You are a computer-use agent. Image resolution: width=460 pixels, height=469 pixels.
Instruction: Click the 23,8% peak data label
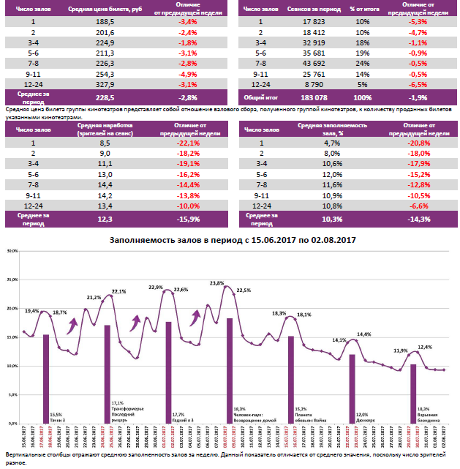click(217, 283)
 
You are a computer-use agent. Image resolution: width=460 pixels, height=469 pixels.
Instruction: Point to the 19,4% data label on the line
click(32, 311)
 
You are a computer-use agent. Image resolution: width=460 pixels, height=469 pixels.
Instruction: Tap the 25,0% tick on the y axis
click(11, 279)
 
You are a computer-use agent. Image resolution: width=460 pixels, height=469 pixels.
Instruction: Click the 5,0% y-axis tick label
click(11, 395)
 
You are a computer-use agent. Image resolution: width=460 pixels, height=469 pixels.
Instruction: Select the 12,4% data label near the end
click(425, 347)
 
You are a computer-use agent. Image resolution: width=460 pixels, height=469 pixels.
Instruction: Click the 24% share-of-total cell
click(363, 64)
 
